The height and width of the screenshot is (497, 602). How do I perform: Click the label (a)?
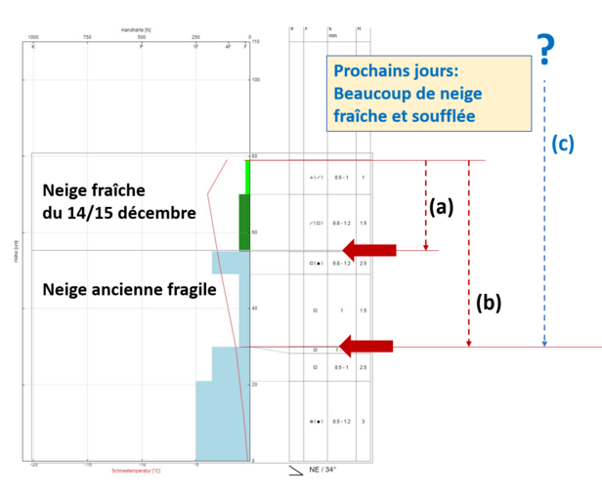(442, 207)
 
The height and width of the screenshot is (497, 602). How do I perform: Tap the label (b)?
(489, 303)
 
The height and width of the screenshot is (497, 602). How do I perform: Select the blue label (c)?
(562, 143)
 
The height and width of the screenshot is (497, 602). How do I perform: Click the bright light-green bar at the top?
(248, 177)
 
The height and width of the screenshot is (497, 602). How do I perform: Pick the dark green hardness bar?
(244, 222)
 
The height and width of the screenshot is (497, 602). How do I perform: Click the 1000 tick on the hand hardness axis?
(33, 38)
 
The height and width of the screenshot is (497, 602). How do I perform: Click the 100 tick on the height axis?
(256, 80)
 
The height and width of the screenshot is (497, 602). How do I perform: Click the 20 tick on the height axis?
(256, 385)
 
